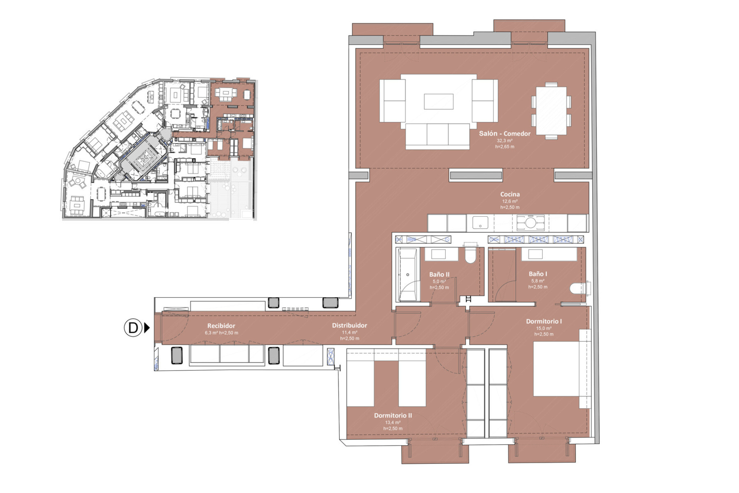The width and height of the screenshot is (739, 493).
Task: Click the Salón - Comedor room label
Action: pyautogui.click(x=505, y=134)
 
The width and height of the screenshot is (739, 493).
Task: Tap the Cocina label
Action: pyautogui.click(x=510, y=194)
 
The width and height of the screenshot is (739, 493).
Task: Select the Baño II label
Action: pyautogui.click(x=439, y=275)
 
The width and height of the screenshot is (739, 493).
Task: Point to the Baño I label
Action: pyautogui.click(x=538, y=274)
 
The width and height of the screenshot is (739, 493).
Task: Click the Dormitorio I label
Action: pyautogui.click(x=544, y=321)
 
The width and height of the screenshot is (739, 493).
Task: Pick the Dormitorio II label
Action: pyautogui.click(x=393, y=415)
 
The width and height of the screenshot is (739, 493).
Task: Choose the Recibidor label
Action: pyautogui.click(x=221, y=326)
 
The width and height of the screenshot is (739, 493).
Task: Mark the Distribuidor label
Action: pyautogui.click(x=350, y=325)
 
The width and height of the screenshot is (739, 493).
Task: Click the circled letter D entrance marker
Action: pyautogui.click(x=133, y=328)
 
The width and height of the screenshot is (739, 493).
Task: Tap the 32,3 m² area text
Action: pyautogui.click(x=505, y=141)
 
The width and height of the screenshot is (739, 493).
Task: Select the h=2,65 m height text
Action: pyautogui.click(x=505, y=147)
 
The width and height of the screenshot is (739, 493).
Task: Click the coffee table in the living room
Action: pyautogui.click(x=439, y=102)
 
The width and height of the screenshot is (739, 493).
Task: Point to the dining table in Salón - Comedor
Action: pyautogui.click(x=551, y=111)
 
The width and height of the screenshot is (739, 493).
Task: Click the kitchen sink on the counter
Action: pyautogui.click(x=480, y=223)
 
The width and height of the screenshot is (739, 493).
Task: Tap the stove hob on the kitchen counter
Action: pyautogui.click(x=530, y=223)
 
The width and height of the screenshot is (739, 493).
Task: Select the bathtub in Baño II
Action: pyautogui.click(x=408, y=275)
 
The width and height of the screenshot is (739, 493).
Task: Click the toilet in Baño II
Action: pyautogui.click(x=471, y=254)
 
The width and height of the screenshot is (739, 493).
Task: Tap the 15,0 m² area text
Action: pyautogui.click(x=544, y=328)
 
